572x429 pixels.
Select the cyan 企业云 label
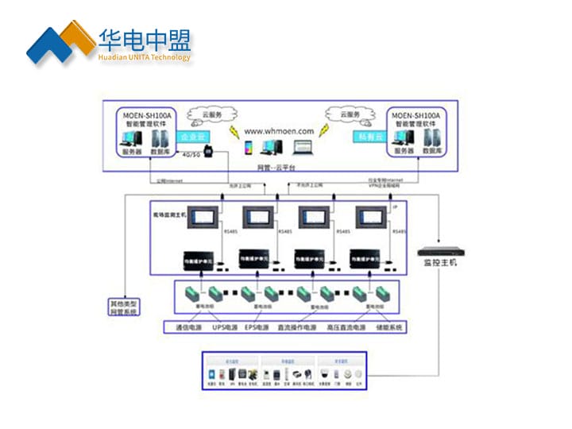click(189, 137)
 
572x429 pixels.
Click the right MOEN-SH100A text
click(417, 115)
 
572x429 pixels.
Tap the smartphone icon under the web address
click(248, 149)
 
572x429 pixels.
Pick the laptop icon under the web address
click(303, 147)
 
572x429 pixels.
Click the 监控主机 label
click(440, 262)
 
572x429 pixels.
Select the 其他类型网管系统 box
click(123, 307)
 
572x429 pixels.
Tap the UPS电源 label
click(226, 327)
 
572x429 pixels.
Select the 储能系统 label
click(390, 327)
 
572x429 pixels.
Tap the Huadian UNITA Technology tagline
click(145, 57)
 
